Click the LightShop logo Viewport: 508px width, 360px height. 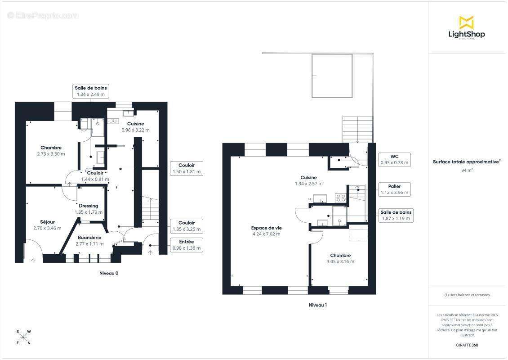[x=467, y=27]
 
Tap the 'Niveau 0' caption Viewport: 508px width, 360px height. [x=109, y=273]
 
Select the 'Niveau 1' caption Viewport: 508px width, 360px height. [x=318, y=305]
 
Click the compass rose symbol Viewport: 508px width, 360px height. [x=23, y=337]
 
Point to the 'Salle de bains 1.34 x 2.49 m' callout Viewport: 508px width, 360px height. [x=91, y=91]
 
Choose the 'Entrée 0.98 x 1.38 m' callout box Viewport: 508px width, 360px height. [x=187, y=245]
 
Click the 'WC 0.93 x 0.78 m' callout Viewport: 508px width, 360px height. [x=394, y=160]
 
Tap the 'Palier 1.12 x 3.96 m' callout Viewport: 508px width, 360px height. [x=394, y=189]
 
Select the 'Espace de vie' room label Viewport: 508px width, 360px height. [x=266, y=228]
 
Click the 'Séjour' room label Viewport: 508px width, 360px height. [x=47, y=222]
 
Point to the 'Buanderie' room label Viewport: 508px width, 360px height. [x=89, y=238]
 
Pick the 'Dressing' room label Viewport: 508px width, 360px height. [x=89, y=206]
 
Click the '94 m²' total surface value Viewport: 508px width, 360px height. [x=467, y=170]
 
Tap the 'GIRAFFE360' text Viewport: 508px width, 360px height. [x=467, y=345]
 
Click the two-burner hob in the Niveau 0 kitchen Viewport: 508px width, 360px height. [x=113, y=121]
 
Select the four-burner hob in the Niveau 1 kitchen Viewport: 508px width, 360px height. [x=340, y=198]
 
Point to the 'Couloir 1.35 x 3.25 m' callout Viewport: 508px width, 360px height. [x=187, y=226]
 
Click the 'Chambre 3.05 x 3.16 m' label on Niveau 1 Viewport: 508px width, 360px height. [x=340, y=258]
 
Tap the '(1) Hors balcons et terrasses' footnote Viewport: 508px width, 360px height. [x=467, y=295]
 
